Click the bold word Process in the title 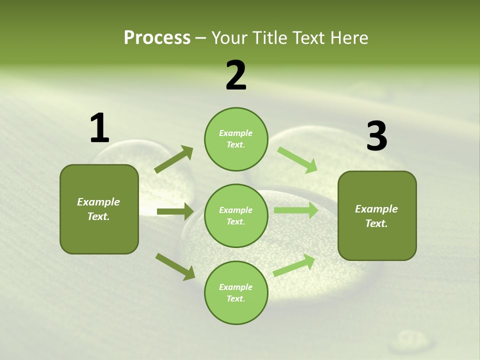click(157, 37)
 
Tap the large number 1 click(99, 128)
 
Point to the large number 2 click(236, 75)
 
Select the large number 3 click(376, 136)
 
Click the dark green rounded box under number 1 click(99, 209)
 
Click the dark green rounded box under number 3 click(377, 215)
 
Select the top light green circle click(236, 139)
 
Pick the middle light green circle click(236, 215)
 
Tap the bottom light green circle click(236, 292)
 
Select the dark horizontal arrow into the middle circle click(175, 211)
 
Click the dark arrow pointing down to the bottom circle click(175, 266)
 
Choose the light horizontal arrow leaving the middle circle click(295, 210)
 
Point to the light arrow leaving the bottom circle click(294, 265)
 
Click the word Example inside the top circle click(235, 133)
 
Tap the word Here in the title click(351, 37)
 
